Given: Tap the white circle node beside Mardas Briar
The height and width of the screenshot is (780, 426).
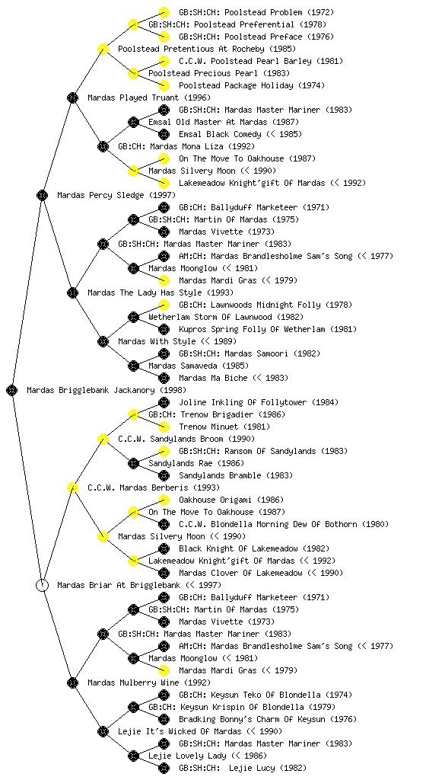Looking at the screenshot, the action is [42, 585].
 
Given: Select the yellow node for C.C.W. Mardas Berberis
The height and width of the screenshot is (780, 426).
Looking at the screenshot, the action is [72, 487].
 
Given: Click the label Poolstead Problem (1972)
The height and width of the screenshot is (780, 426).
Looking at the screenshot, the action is [256, 12].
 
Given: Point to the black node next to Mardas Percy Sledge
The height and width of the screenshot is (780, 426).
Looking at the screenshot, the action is [42, 195].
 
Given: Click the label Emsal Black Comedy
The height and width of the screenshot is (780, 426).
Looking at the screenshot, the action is [220, 134].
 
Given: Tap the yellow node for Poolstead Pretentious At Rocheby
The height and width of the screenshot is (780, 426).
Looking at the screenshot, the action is [103, 49].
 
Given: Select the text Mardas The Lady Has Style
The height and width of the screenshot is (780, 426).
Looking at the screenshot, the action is [145, 292].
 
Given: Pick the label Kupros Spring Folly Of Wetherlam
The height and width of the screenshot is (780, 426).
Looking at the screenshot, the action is [252, 329].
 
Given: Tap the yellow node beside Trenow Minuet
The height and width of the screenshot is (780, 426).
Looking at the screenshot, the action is [164, 427].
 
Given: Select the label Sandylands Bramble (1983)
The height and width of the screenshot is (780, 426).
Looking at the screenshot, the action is [236, 475].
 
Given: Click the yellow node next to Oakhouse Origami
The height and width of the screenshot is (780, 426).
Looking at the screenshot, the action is [164, 500].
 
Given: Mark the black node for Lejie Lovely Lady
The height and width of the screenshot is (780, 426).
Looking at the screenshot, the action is [133, 756].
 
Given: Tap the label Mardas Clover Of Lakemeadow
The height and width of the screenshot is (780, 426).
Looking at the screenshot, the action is [240, 573].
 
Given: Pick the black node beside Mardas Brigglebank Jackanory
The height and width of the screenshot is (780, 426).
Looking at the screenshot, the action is [12, 390].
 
